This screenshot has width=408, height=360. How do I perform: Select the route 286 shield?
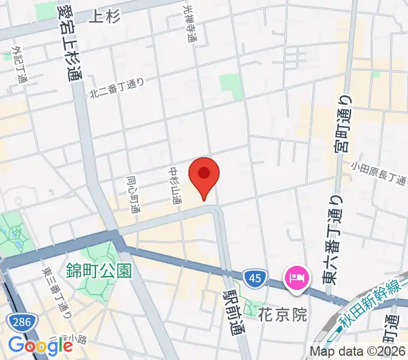(x=20, y=322)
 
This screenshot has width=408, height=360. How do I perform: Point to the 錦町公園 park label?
(x=99, y=271)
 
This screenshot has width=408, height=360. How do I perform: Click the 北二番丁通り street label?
(x=118, y=88)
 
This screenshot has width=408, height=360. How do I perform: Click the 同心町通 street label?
(x=133, y=195)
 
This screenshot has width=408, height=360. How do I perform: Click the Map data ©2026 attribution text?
(x=358, y=352)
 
